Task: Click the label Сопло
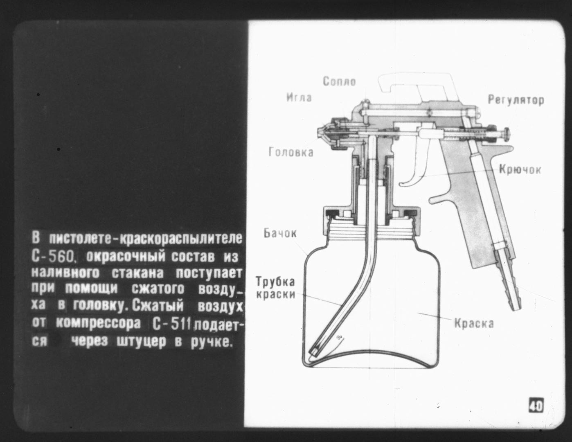pos(339,81)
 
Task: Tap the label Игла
pos(299,98)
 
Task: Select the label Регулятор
pos(516,100)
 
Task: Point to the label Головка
pos(291,152)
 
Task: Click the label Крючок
pos(520,169)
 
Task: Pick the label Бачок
pos(280,233)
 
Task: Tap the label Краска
pos(474,323)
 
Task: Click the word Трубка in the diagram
pos(275,282)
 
